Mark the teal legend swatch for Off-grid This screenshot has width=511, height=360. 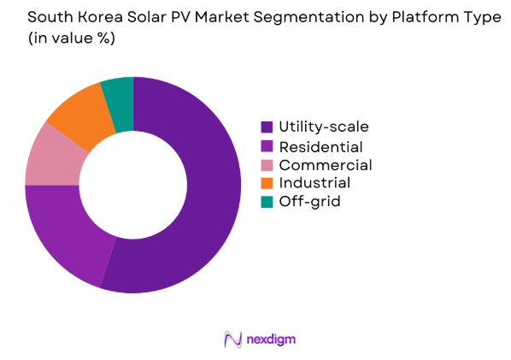tap(267, 201)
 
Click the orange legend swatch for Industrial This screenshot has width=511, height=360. tap(267, 182)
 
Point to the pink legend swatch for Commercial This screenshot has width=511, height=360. tap(267, 164)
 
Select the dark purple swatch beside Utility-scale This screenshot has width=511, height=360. tap(267, 127)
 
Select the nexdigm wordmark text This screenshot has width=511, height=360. tap(271, 339)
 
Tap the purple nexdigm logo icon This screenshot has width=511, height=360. tap(231, 339)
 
